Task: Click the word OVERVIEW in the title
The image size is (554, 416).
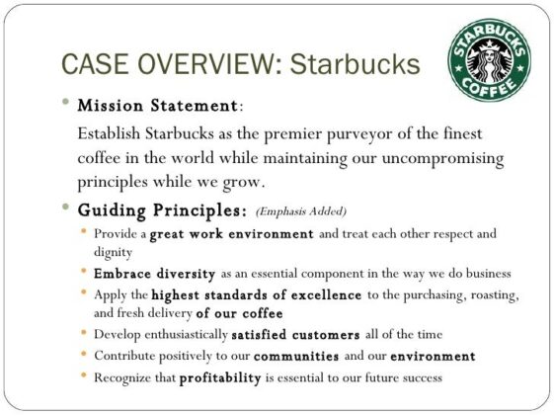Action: [189, 64]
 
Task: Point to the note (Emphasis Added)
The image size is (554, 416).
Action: [301, 211]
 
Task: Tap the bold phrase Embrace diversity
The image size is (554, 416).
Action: [150, 272]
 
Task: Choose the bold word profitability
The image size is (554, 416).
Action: [219, 377]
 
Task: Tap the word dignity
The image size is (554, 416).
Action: [114, 252]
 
